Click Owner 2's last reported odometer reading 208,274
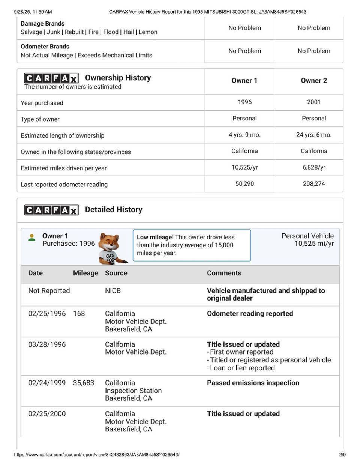[314, 184]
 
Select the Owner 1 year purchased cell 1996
[244, 102]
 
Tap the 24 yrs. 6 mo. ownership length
[314, 135]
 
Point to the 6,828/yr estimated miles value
[314, 167]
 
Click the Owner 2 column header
[314, 81]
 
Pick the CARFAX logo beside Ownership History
[51, 78]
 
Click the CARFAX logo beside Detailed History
[51, 210]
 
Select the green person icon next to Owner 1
[32, 238]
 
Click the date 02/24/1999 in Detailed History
[47, 383]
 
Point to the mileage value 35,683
[84, 383]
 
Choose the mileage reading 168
[79, 314]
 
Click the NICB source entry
[113, 291]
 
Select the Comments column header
[224, 273]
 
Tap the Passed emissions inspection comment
[253, 383]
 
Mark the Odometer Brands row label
[45, 47]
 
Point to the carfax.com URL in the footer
[97, 455]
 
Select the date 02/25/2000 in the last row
[47, 414]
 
